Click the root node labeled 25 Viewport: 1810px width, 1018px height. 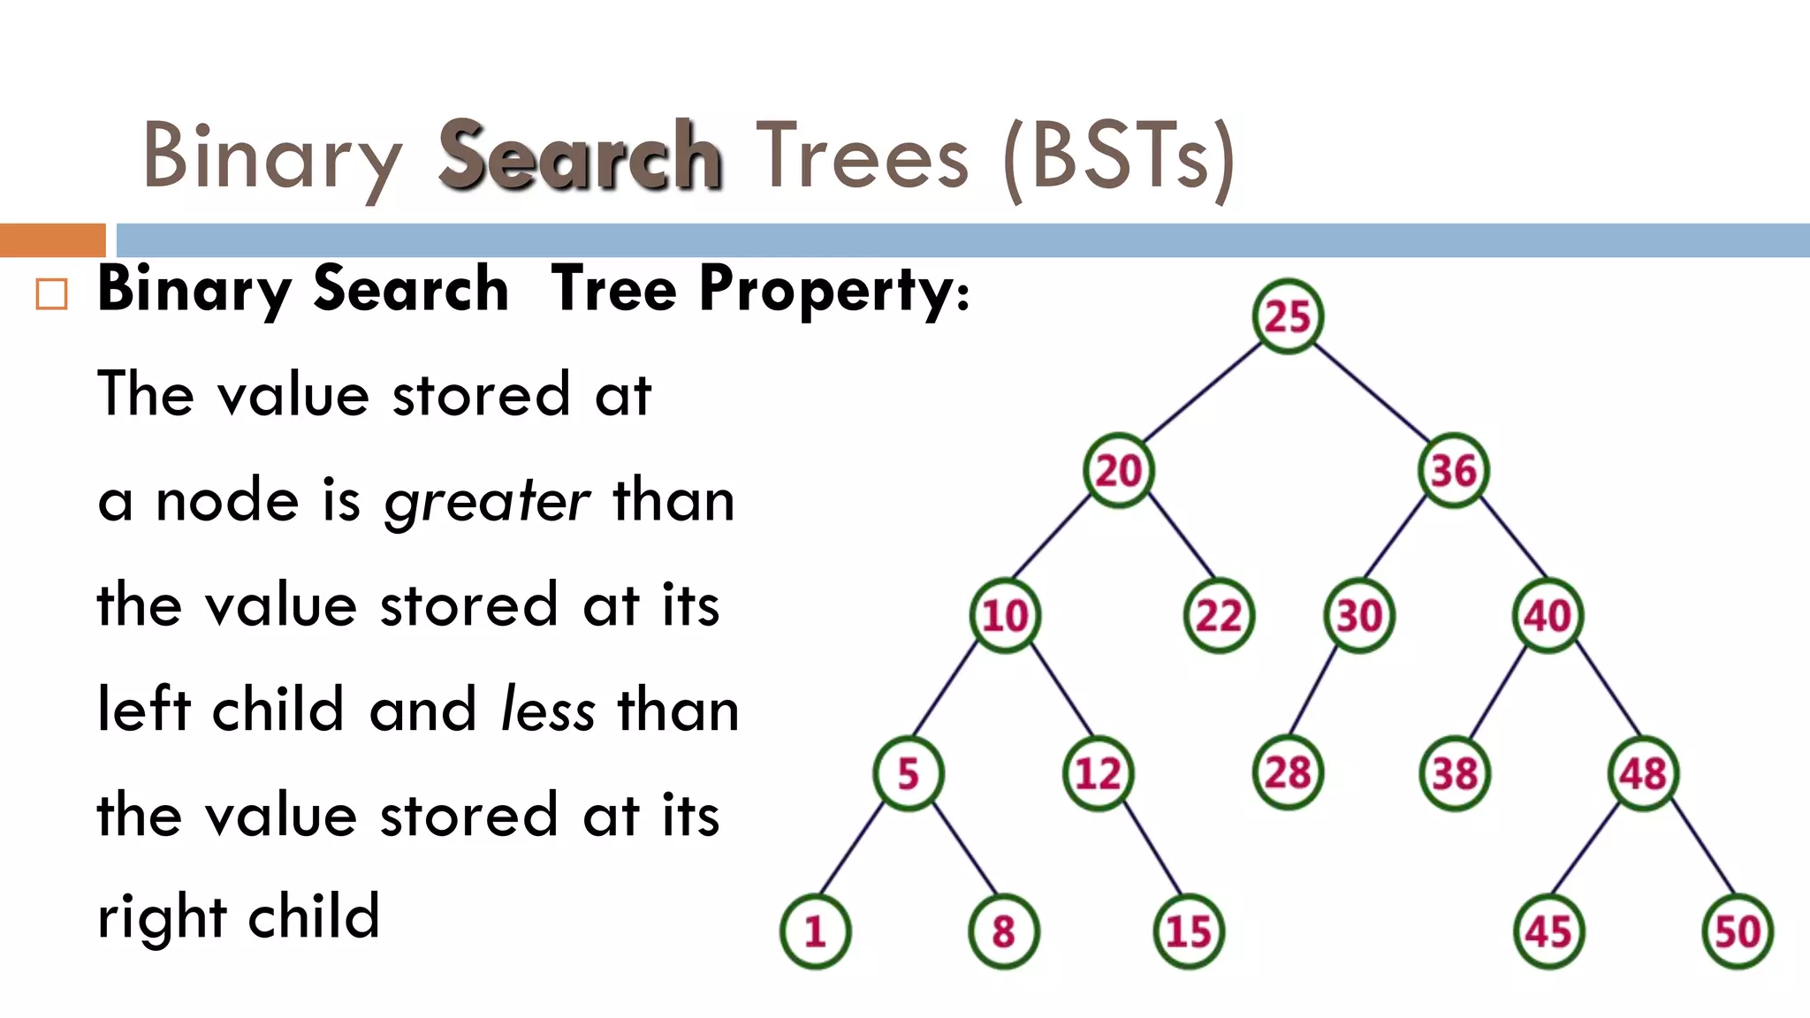click(x=1288, y=316)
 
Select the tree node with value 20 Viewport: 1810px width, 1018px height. click(x=1119, y=470)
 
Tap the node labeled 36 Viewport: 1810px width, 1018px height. click(x=1454, y=470)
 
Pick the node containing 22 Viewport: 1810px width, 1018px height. click(x=1219, y=615)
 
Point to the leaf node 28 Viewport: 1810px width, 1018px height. click(x=1288, y=773)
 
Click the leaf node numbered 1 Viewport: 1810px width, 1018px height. click(x=815, y=931)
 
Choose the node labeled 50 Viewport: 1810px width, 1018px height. click(x=1738, y=931)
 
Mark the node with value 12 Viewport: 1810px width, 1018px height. click(x=1098, y=774)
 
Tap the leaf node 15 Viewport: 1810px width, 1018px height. click(x=1189, y=931)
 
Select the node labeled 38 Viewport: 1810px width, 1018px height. click(x=1455, y=774)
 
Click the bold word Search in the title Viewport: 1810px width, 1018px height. click(x=581, y=156)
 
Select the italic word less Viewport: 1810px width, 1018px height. click(x=548, y=710)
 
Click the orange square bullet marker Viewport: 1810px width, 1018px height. click(x=51, y=294)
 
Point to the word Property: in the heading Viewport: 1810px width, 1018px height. click(x=834, y=289)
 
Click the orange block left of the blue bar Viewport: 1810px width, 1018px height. click(x=52, y=240)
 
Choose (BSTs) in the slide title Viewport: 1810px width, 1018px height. click(x=1118, y=157)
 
